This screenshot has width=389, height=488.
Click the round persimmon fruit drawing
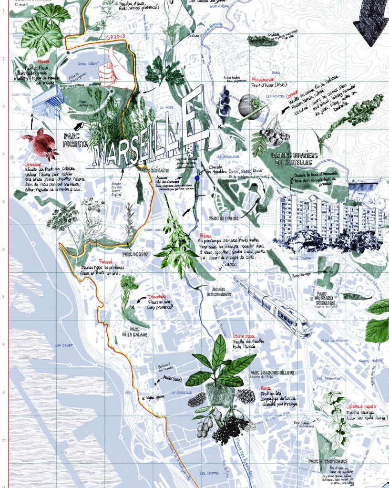(x=248, y=105)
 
